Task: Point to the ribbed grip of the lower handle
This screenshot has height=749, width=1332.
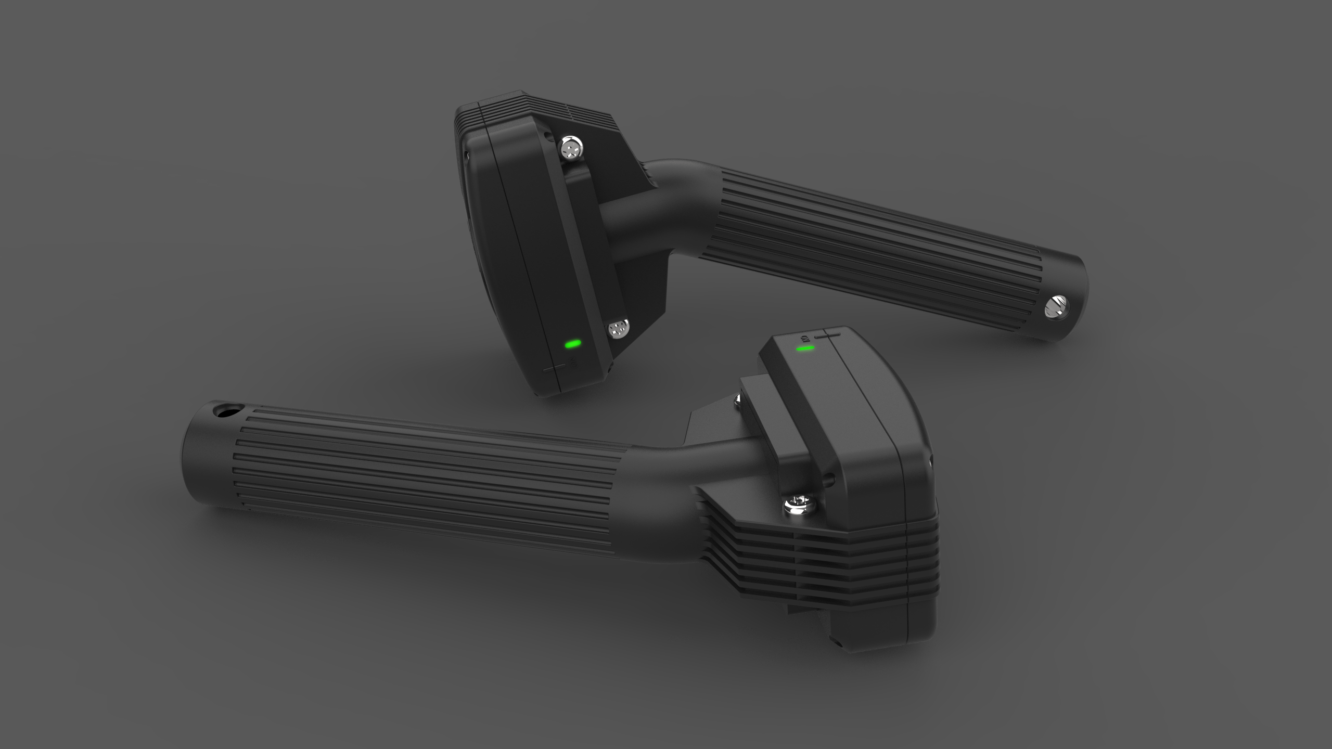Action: pos(416,479)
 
